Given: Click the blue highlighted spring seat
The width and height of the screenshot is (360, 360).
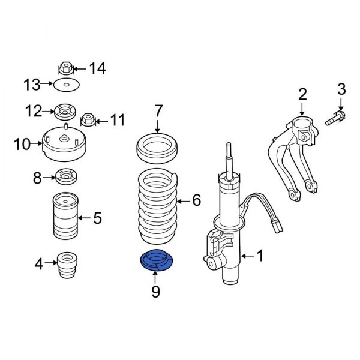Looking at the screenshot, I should (155, 260).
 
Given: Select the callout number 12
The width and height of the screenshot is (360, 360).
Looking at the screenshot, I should (34, 111).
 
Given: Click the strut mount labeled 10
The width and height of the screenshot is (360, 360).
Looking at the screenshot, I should (65, 145).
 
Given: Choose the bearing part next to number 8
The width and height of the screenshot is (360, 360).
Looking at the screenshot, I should (64, 178).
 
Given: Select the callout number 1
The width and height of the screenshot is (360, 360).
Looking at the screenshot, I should (260, 256).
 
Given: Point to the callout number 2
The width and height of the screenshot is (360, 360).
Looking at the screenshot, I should (302, 93).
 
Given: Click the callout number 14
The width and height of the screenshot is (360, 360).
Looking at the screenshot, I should (97, 69).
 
